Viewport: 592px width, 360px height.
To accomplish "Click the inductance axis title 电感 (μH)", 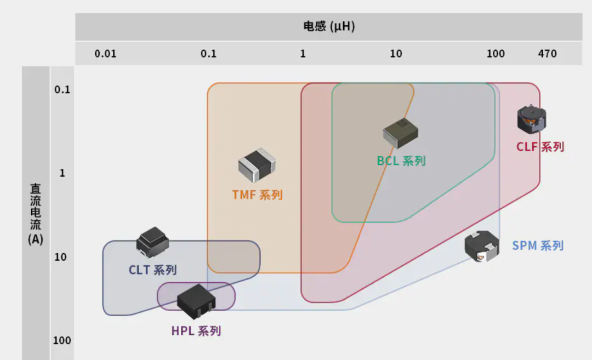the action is pyautogui.click(x=329, y=26).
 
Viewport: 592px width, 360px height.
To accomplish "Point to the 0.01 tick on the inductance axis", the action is pyautogui.click(x=105, y=54).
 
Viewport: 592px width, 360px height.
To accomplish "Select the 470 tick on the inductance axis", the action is pyautogui.click(x=547, y=54).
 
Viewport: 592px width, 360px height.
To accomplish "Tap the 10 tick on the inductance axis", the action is pyautogui.click(x=396, y=54).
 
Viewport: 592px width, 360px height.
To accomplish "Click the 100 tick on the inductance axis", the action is pyautogui.click(x=496, y=54).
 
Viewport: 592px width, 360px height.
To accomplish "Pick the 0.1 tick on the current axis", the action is pyautogui.click(x=62, y=89).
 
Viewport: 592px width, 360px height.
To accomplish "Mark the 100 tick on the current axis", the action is pyautogui.click(x=62, y=340).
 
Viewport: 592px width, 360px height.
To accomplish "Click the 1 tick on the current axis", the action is pyautogui.click(x=62, y=173).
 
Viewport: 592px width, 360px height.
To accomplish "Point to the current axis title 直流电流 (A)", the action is pyautogui.click(x=36, y=214).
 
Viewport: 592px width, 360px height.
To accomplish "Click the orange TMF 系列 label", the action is pyautogui.click(x=257, y=195).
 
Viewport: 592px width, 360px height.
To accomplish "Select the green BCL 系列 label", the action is pyautogui.click(x=401, y=161).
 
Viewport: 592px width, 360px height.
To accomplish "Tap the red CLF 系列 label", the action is pyautogui.click(x=540, y=146).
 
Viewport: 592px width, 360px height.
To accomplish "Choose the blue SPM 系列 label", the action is pyautogui.click(x=538, y=245).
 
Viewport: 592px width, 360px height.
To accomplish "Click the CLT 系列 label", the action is pyautogui.click(x=152, y=270).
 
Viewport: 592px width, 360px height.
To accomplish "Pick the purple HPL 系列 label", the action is pyautogui.click(x=196, y=331).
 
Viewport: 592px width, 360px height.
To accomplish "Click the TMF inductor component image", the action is pyautogui.click(x=257, y=165).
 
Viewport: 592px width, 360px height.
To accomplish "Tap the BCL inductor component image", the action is pyautogui.click(x=401, y=133).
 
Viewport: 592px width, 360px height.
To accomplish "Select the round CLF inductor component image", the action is pyautogui.click(x=532, y=119).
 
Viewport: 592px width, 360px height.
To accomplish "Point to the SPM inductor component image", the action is pyautogui.click(x=482, y=246).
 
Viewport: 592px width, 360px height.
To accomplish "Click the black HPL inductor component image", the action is pyautogui.click(x=196, y=302).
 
